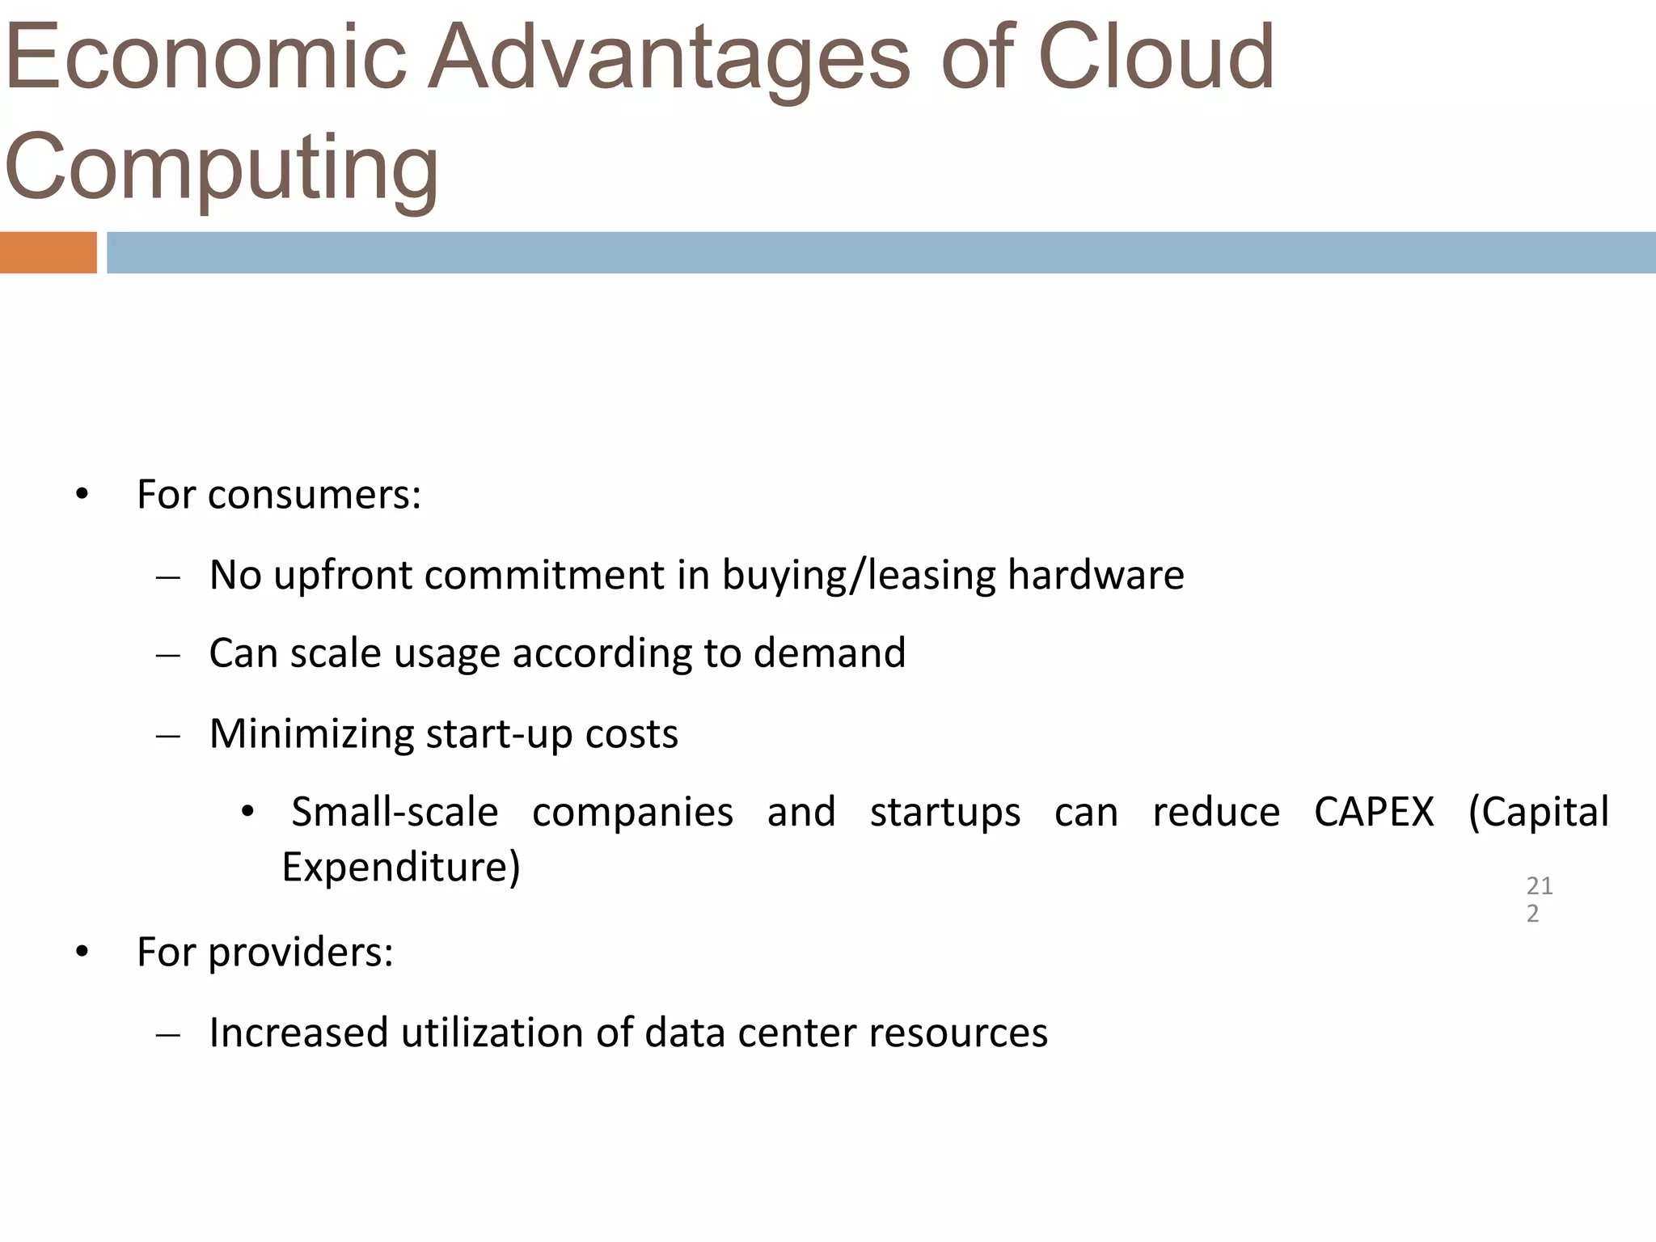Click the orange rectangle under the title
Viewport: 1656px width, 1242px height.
pos(48,252)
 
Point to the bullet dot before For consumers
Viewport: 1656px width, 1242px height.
pos(82,495)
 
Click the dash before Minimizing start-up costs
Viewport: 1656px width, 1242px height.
pos(167,737)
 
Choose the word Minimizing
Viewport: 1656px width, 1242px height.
pos(311,734)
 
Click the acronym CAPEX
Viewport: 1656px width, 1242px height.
pos(1373,812)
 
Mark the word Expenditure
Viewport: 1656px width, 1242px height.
pos(400,867)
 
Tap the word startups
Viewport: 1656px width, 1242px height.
pos(944,812)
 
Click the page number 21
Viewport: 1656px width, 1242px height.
pos(1539,886)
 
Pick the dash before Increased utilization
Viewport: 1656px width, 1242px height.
pos(167,1036)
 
